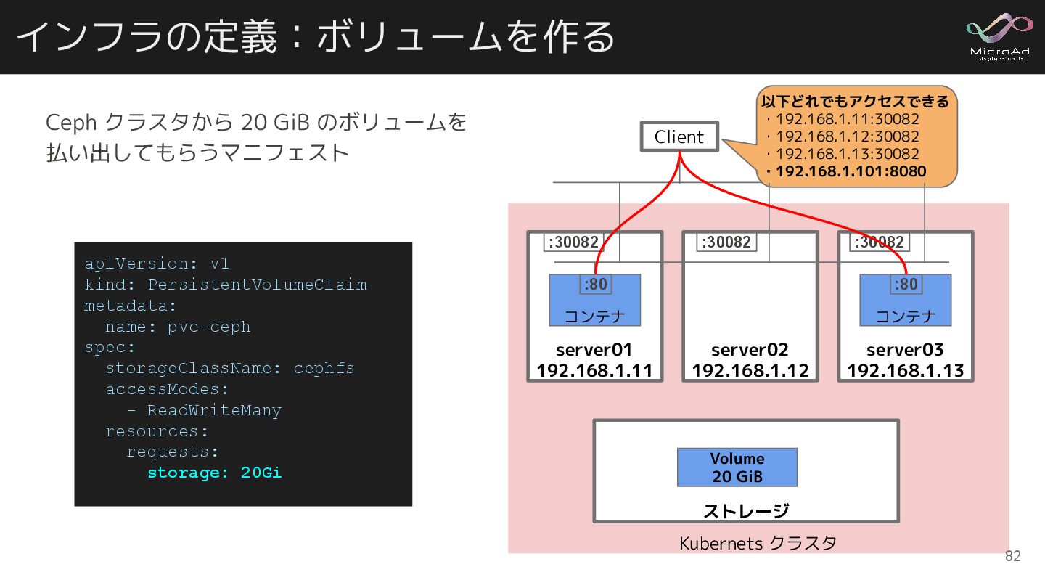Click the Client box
[x=679, y=136]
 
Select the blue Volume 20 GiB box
[x=737, y=467]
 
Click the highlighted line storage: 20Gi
[x=214, y=473]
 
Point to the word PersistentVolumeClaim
[x=257, y=285]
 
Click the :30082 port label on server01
[x=573, y=242]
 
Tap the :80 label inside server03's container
[x=906, y=284]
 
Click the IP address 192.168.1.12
[x=750, y=371]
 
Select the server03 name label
[x=905, y=350]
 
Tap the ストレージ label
[x=745, y=511]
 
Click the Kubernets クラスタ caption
[x=758, y=543]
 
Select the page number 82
[x=1012, y=557]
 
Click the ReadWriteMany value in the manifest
[x=214, y=410]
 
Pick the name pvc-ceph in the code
[x=209, y=327]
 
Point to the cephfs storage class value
[x=324, y=368]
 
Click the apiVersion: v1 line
[x=157, y=264]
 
